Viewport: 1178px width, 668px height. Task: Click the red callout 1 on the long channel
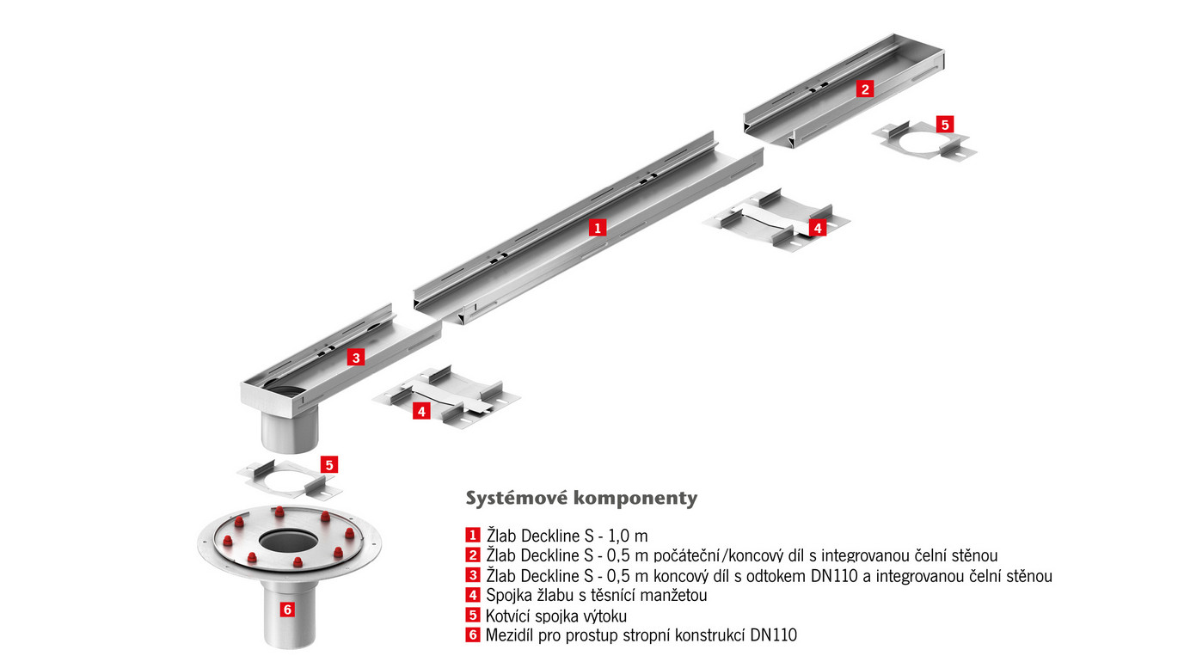[x=598, y=228]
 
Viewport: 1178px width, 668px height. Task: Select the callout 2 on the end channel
[x=865, y=88]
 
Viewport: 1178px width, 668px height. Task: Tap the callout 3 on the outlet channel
[x=355, y=358]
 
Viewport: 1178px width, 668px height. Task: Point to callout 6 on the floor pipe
[x=287, y=609]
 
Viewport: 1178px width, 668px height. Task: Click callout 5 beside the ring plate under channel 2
[x=945, y=124]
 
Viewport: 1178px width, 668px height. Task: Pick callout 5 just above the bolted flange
[x=328, y=464]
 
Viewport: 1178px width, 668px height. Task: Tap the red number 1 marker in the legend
[x=472, y=536]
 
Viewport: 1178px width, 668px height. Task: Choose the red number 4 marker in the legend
[x=472, y=595]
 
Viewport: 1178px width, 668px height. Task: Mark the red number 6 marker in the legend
[x=472, y=636]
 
